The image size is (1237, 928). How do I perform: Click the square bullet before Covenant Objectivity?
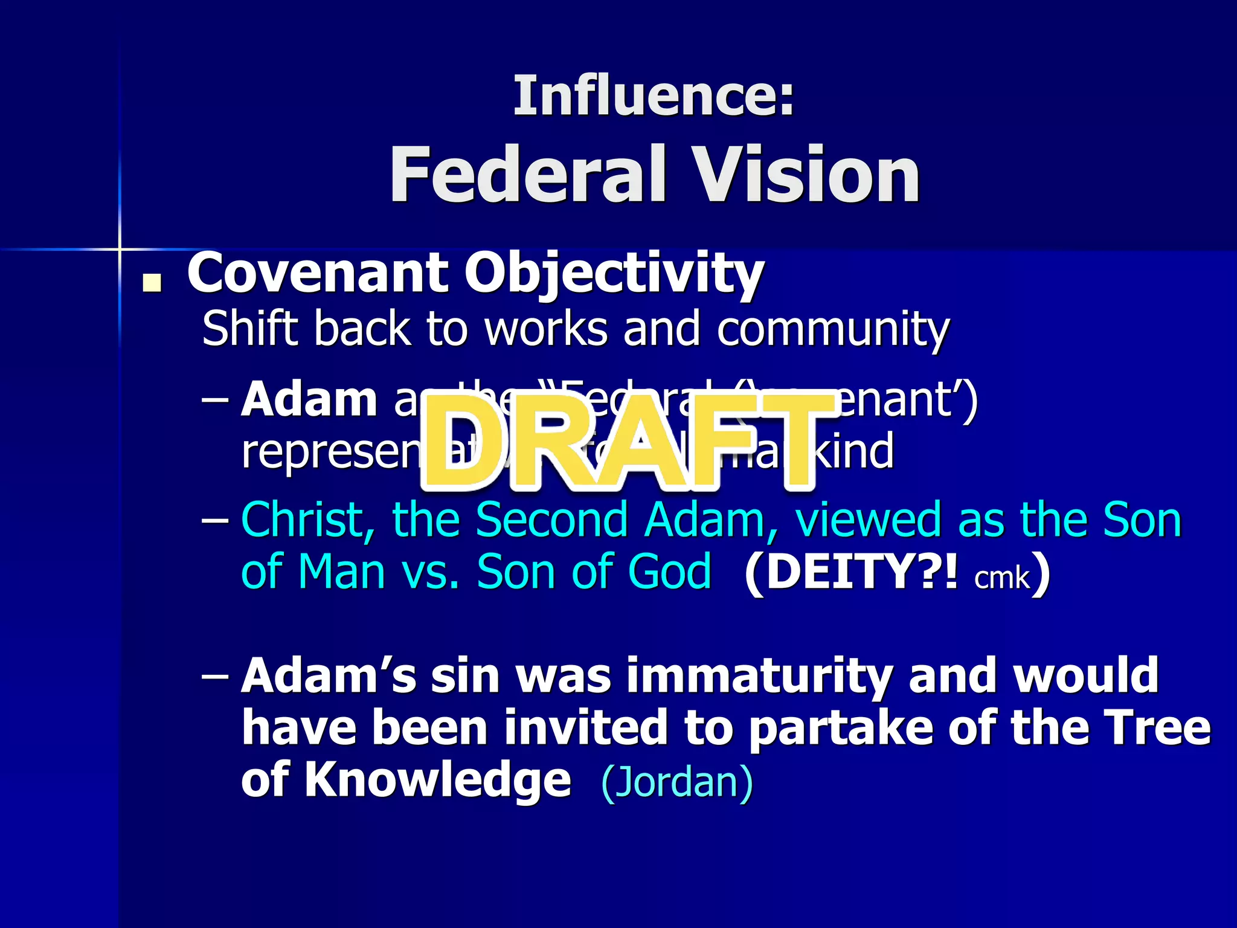(152, 283)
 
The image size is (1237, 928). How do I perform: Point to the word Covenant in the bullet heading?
(318, 273)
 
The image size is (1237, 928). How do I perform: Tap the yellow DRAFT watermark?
(628, 441)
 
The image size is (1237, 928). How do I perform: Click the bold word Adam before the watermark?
(309, 399)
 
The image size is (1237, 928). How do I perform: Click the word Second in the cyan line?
(552, 520)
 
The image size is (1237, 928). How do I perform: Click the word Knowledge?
(437, 779)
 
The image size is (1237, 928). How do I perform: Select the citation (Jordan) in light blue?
(677, 781)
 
